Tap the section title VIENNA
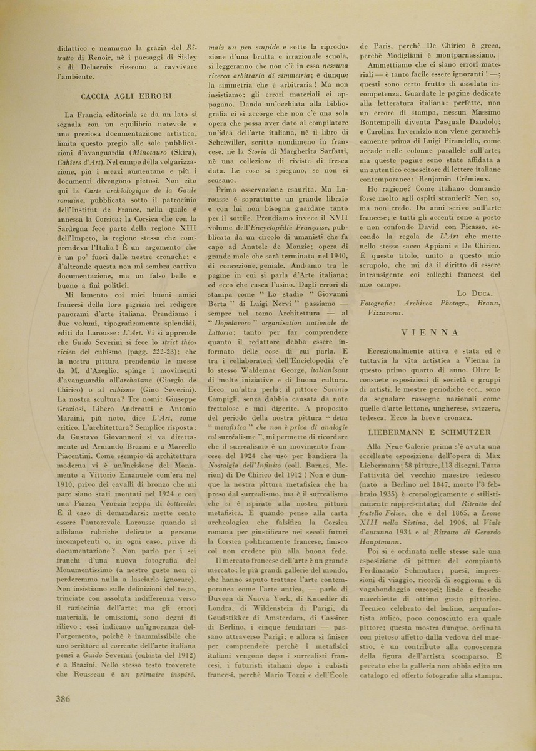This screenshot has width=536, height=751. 431,332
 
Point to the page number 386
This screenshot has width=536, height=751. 63,699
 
